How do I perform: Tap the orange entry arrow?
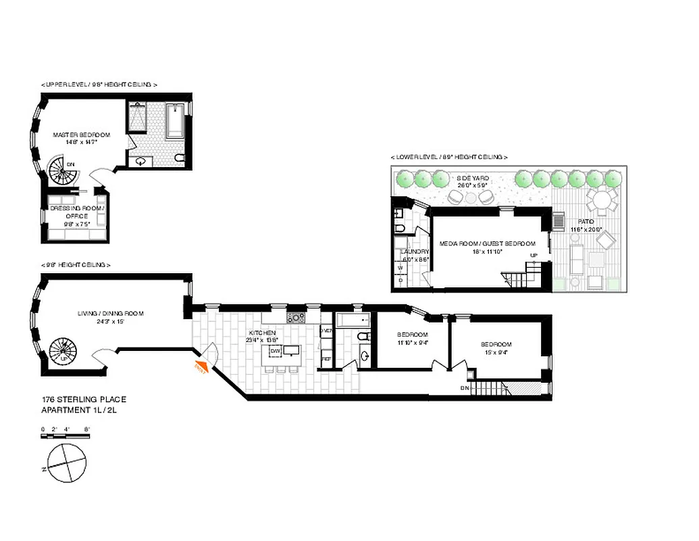[x=201, y=367]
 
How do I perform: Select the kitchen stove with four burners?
[x=296, y=317]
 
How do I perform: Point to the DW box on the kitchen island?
[x=275, y=351]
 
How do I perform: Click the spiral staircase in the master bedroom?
[x=65, y=172]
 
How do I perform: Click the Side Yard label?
[x=473, y=181]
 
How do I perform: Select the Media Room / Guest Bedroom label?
[x=487, y=247]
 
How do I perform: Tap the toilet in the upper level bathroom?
[x=179, y=158]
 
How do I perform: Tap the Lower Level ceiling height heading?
[x=448, y=157]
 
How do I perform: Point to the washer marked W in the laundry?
[x=400, y=267]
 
